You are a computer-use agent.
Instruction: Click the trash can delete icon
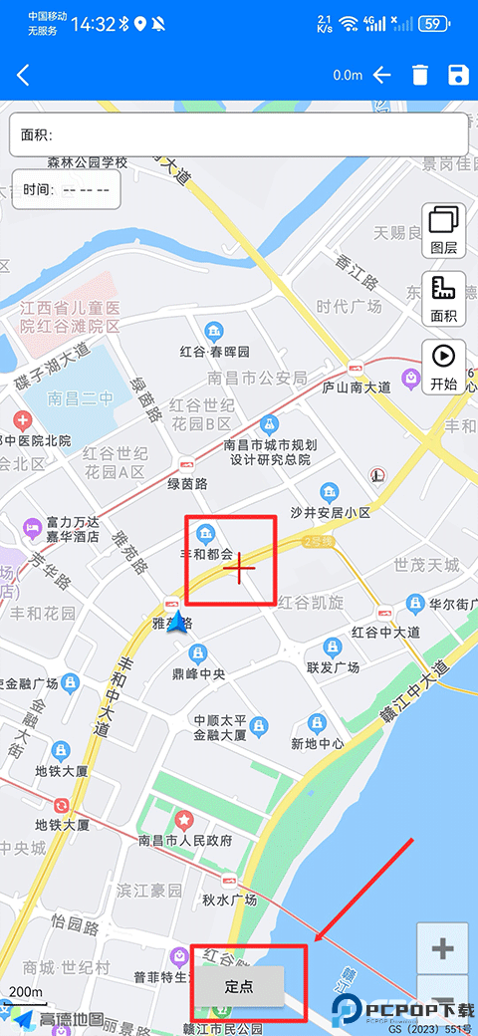[420, 75]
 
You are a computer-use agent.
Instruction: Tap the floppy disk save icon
[458, 75]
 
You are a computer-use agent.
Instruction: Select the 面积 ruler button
[444, 298]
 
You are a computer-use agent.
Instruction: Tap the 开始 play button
[444, 366]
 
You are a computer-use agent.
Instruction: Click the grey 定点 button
[239, 987]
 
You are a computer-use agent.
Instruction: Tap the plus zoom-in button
[442, 949]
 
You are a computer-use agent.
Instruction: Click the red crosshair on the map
[240, 567]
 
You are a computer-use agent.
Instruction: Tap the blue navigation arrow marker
[178, 623]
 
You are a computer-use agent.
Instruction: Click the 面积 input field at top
[239, 134]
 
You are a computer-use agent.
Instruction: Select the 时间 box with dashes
[67, 189]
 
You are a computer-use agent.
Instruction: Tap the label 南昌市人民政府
[185, 840]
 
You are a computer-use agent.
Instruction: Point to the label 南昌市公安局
[257, 378]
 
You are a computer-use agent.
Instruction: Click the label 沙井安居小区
[330, 512]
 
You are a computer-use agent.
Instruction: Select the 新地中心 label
[318, 743]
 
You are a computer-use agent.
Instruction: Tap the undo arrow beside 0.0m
[382, 75]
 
